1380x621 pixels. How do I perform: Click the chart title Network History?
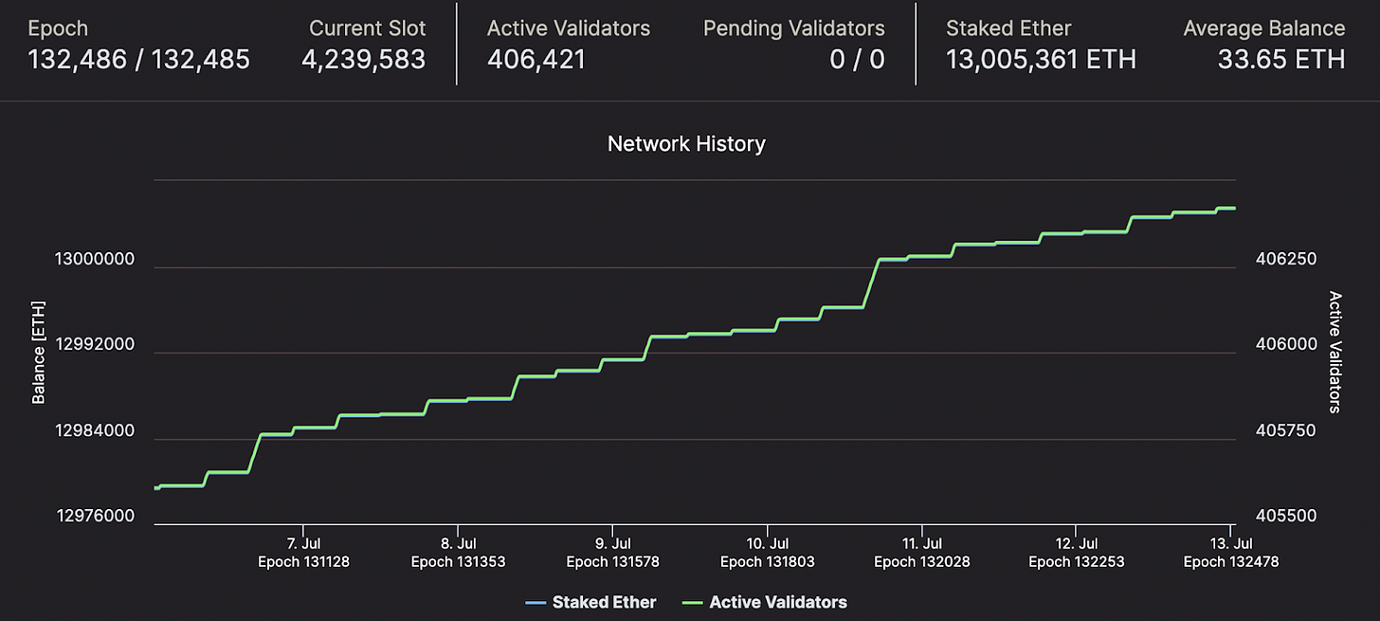pyautogui.click(x=686, y=144)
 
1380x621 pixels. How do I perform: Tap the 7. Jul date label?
pyautogui.click(x=303, y=544)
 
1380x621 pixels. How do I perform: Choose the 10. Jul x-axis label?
pyautogui.click(x=768, y=544)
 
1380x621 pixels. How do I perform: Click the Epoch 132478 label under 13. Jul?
pyautogui.click(x=1230, y=562)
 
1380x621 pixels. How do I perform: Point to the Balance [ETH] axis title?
pyautogui.click(x=39, y=353)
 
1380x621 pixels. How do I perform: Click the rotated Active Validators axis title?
pyautogui.click(x=1335, y=352)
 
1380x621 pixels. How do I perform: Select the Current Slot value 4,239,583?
pyautogui.click(x=363, y=61)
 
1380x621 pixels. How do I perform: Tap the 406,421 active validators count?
pyautogui.click(x=536, y=61)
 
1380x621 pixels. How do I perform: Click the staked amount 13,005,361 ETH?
pyautogui.click(x=1041, y=61)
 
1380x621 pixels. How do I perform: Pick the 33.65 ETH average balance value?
pyautogui.click(x=1280, y=61)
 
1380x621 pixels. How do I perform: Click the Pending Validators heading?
pyautogui.click(x=793, y=28)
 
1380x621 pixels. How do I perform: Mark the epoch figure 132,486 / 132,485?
pyautogui.click(x=139, y=61)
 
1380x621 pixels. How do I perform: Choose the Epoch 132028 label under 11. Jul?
pyautogui.click(x=921, y=562)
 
